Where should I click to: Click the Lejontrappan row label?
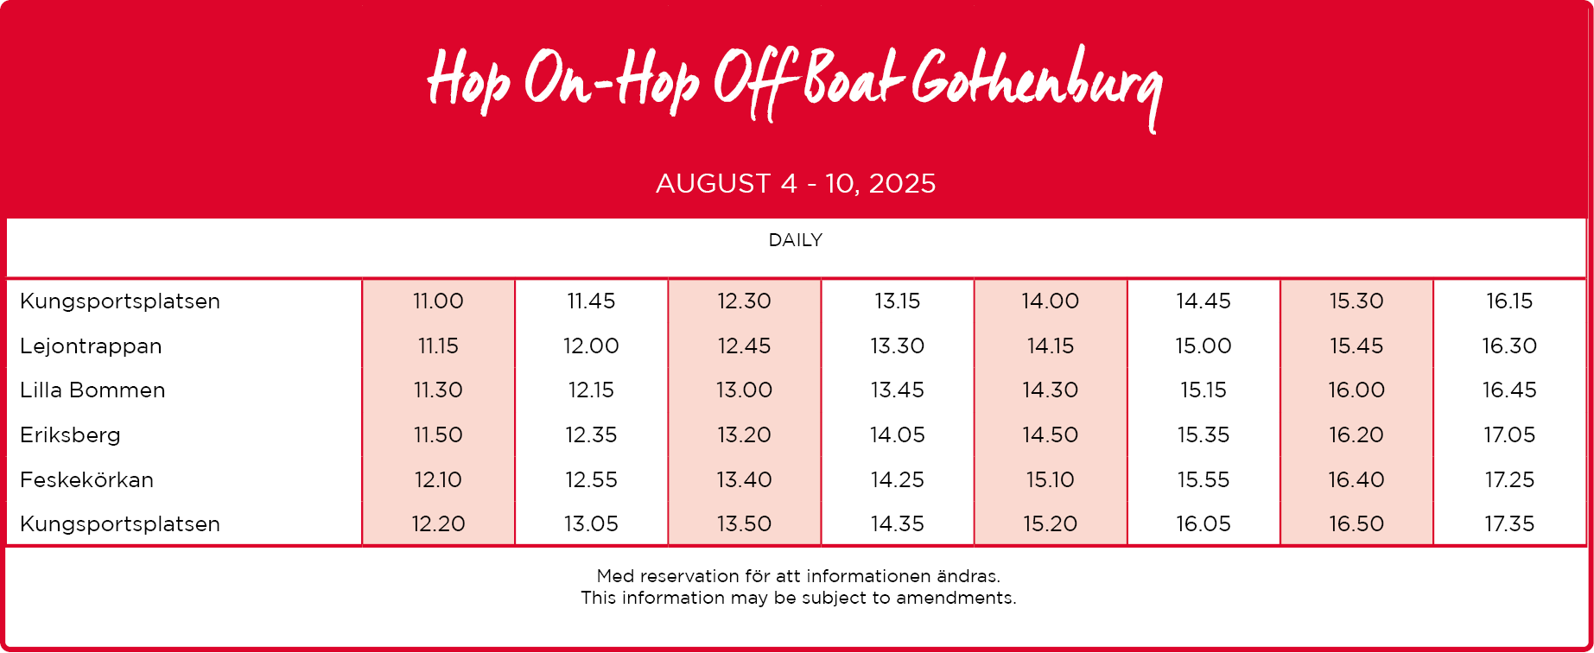point(91,346)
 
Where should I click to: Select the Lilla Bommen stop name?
point(92,390)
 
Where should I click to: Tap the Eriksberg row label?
point(70,434)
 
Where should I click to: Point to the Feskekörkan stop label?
point(86,479)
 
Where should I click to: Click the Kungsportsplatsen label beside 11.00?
point(120,301)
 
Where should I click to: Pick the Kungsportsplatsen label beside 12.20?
point(120,524)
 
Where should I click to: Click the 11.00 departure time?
point(438,301)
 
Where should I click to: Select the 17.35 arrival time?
point(1509,523)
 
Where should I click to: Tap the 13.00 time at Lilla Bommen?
point(744,390)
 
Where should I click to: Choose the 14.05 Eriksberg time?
point(898,434)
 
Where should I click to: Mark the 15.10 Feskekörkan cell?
point(1050,479)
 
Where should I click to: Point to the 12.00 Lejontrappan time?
point(591,346)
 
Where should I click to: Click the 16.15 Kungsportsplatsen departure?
point(1509,301)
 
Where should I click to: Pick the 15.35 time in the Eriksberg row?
point(1203,434)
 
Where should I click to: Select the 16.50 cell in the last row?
point(1356,523)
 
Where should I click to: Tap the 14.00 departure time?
point(1050,301)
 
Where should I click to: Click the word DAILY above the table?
point(796,240)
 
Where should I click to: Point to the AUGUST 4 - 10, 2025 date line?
point(796,183)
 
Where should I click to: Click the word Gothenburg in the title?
point(1037,86)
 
